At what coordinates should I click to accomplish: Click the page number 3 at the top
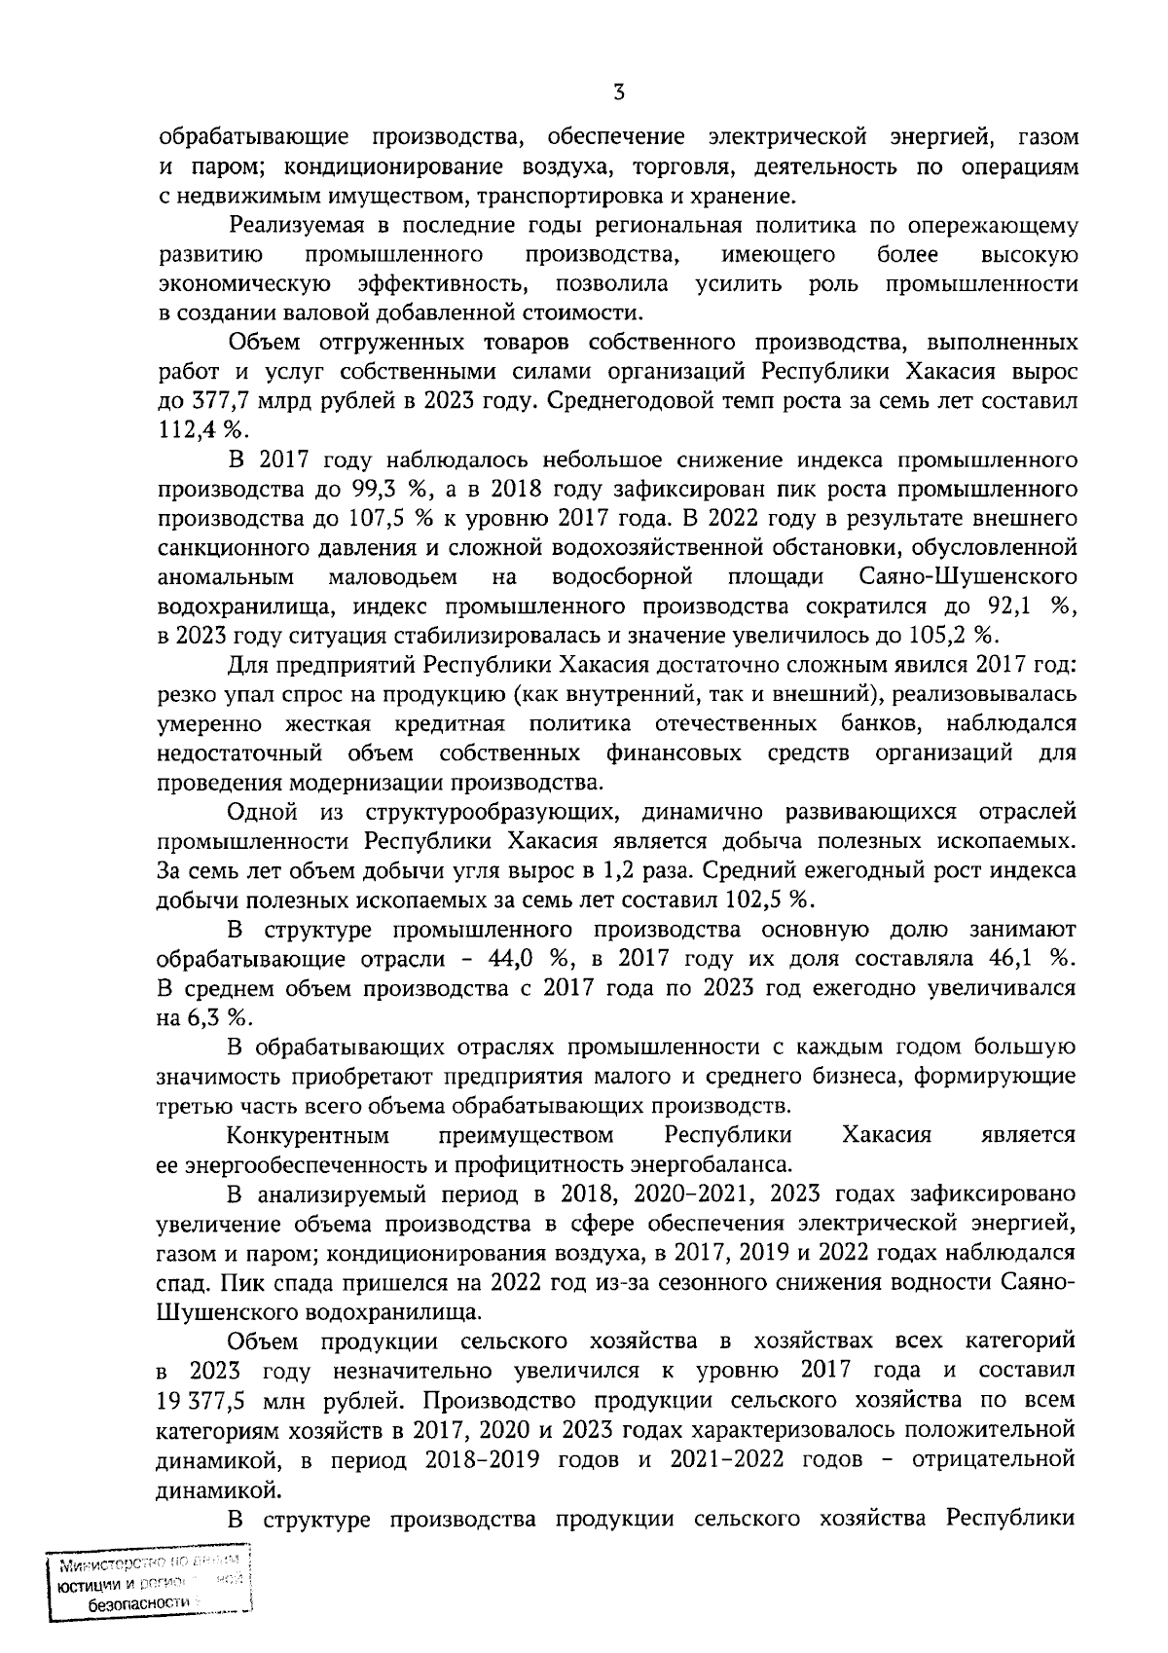[x=618, y=93]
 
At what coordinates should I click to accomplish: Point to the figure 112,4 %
[x=202, y=430]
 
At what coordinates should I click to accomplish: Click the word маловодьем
[x=393, y=577]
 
